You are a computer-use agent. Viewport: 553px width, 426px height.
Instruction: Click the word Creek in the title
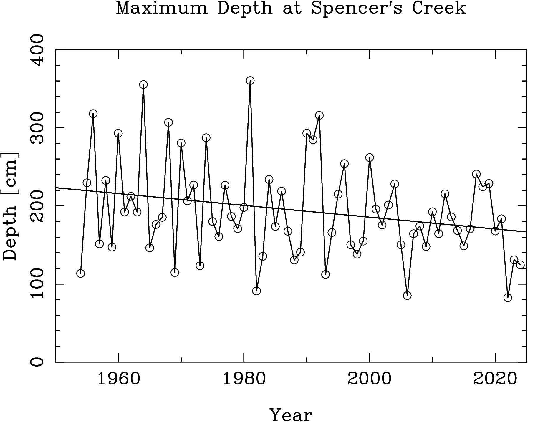(438, 8)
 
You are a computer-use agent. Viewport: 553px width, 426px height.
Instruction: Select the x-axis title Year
(291, 415)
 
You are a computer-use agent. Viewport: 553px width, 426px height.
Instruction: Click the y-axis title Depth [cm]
(11, 206)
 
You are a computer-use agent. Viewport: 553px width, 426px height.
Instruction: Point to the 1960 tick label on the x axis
(118, 379)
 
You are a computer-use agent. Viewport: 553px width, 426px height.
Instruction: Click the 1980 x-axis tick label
(244, 379)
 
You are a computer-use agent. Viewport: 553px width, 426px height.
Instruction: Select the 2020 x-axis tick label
(495, 379)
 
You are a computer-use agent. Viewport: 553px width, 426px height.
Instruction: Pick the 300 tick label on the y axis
(38, 128)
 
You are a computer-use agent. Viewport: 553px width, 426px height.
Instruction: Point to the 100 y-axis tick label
(38, 284)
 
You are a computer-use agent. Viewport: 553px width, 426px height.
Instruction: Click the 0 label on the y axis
(38, 362)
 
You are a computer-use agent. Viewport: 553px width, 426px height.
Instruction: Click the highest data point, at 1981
(250, 80)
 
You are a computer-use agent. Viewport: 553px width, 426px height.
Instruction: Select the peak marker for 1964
(143, 85)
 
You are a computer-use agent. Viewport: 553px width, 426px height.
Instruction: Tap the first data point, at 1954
(80, 273)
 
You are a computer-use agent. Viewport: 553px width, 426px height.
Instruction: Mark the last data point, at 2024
(520, 265)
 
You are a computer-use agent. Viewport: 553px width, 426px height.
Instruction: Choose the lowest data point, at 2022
(508, 298)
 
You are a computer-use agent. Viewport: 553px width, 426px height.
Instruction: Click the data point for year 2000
(370, 158)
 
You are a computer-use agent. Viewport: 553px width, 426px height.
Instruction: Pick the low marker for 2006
(407, 296)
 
